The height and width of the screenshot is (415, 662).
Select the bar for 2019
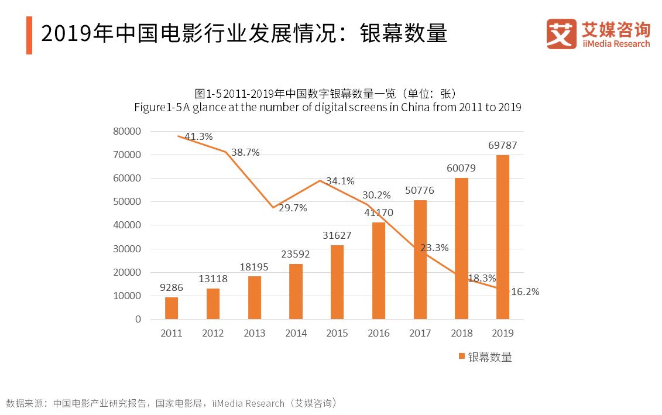click(x=502, y=237)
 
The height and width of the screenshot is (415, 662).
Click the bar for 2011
click(x=171, y=308)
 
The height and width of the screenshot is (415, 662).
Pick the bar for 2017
click(x=420, y=259)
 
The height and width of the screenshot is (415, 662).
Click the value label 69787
click(x=502, y=145)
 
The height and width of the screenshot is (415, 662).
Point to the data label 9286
click(x=171, y=287)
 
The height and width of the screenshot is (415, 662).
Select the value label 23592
click(x=296, y=254)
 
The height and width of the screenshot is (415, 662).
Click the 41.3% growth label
click(x=198, y=136)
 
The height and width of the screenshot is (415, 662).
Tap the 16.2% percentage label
click(x=525, y=291)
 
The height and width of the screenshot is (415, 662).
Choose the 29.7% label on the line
click(x=293, y=208)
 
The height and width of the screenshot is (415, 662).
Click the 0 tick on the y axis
click(x=138, y=319)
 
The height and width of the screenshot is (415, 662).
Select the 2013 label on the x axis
click(x=254, y=333)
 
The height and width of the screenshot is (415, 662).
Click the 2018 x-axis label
click(x=461, y=333)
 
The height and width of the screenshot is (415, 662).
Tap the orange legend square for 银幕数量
click(x=462, y=356)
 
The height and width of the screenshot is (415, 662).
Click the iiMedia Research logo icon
click(x=561, y=34)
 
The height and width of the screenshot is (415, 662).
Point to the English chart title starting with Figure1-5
click(x=327, y=107)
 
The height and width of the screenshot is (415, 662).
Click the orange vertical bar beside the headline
click(x=29, y=35)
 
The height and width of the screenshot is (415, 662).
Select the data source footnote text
click(x=171, y=403)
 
